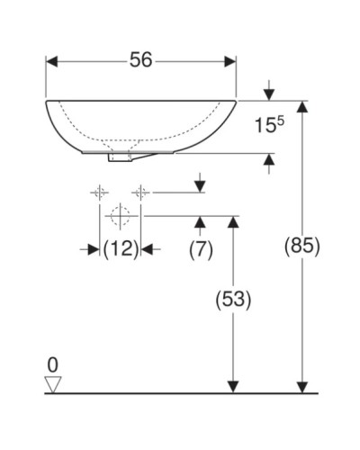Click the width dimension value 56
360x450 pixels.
(x=140, y=59)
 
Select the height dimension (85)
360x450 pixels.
(x=302, y=245)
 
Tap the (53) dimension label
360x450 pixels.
(x=233, y=298)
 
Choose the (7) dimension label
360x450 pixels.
(x=200, y=249)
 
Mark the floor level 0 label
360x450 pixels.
(x=52, y=364)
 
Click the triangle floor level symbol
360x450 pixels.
(x=52, y=383)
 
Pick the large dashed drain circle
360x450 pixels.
(x=119, y=216)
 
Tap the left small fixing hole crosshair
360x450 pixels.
(x=98, y=192)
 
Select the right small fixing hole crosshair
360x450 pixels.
(x=140, y=192)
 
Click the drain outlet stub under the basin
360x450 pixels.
(x=118, y=158)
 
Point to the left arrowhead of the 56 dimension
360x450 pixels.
(x=52, y=60)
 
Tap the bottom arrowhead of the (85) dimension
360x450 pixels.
(x=302, y=386)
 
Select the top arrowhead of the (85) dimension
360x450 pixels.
(x=302, y=107)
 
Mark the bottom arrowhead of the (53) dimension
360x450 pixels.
(x=233, y=386)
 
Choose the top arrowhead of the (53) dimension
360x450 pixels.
(x=233, y=221)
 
